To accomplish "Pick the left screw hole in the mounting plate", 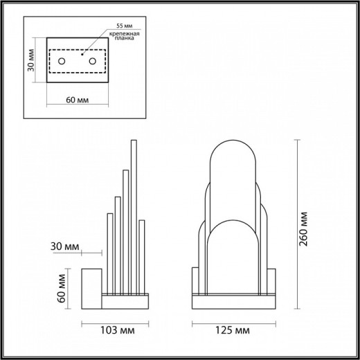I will (62, 62).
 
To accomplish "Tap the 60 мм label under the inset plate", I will (77, 99).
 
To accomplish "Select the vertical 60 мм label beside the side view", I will (62, 287).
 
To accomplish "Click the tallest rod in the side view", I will (133, 215).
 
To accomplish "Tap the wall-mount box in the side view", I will (92, 287).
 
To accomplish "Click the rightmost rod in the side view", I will (141, 256).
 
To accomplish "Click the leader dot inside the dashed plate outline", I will (82, 53).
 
